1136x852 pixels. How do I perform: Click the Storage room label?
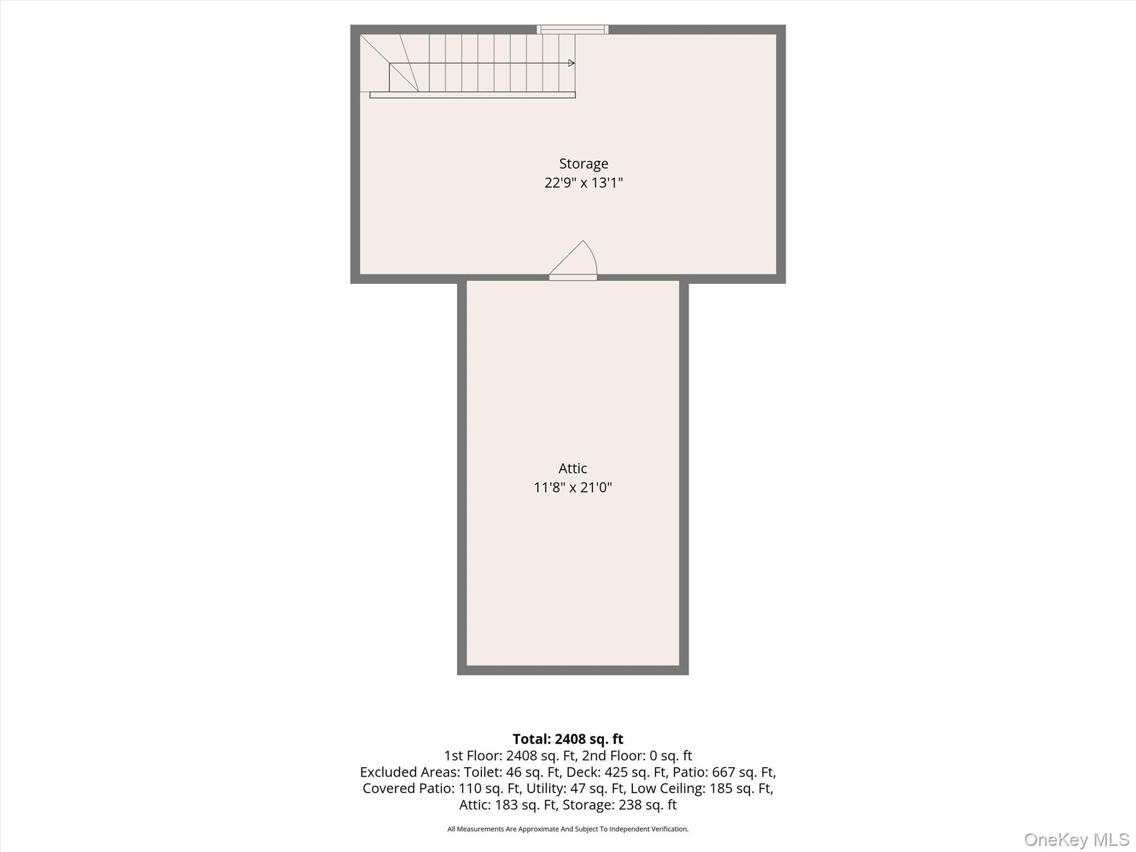point(584,164)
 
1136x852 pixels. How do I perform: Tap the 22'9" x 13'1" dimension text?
point(584,182)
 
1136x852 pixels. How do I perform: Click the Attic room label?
point(572,468)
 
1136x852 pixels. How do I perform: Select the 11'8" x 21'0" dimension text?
point(572,487)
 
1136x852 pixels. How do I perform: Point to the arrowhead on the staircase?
point(572,63)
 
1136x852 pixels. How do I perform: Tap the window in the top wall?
point(572,29)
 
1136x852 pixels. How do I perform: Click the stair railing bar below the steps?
point(473,95)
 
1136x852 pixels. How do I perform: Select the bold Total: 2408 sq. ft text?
point(568,739)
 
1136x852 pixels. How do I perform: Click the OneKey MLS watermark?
point(1077,839)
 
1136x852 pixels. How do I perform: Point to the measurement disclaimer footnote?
point(568,829)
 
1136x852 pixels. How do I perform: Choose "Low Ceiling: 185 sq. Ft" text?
point(702,788)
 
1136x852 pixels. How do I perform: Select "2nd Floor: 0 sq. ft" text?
point(637,755)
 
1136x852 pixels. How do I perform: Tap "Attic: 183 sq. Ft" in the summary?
point(508,805)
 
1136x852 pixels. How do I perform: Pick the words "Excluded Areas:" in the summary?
point(410,772)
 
